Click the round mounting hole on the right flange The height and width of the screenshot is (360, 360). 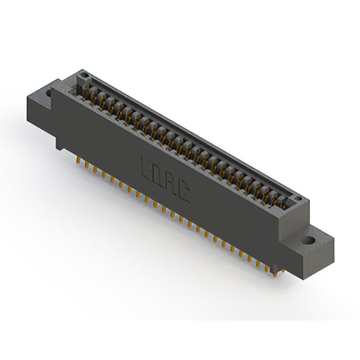pos(308,240)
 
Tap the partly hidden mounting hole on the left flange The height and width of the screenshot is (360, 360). pos(48,93)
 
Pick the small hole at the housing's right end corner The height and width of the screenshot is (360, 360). pos(298,199)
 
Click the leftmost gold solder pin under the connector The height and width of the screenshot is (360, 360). pos(79,160)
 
